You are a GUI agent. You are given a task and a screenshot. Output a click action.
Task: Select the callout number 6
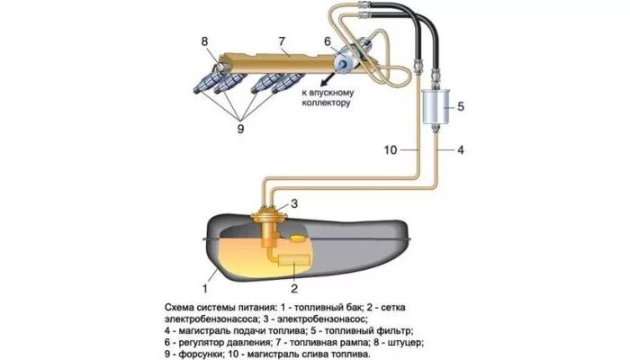328,40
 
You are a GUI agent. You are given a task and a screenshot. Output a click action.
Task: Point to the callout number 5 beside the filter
460,106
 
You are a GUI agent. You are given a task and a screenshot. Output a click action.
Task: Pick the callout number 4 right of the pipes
461,149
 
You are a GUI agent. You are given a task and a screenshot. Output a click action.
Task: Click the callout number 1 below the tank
205,289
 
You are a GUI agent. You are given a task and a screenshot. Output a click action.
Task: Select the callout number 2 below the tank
293,289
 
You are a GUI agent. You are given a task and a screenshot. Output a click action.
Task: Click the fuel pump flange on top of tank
267,216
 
